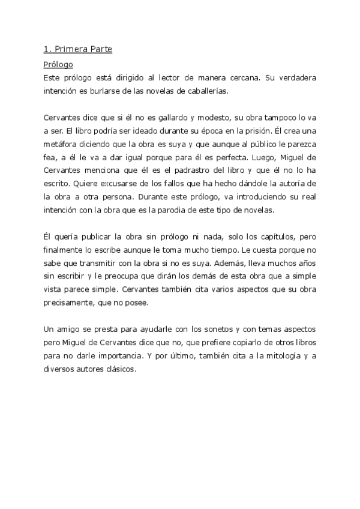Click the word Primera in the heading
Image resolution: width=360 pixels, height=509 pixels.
pyautogui.click(x=71, y=50)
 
